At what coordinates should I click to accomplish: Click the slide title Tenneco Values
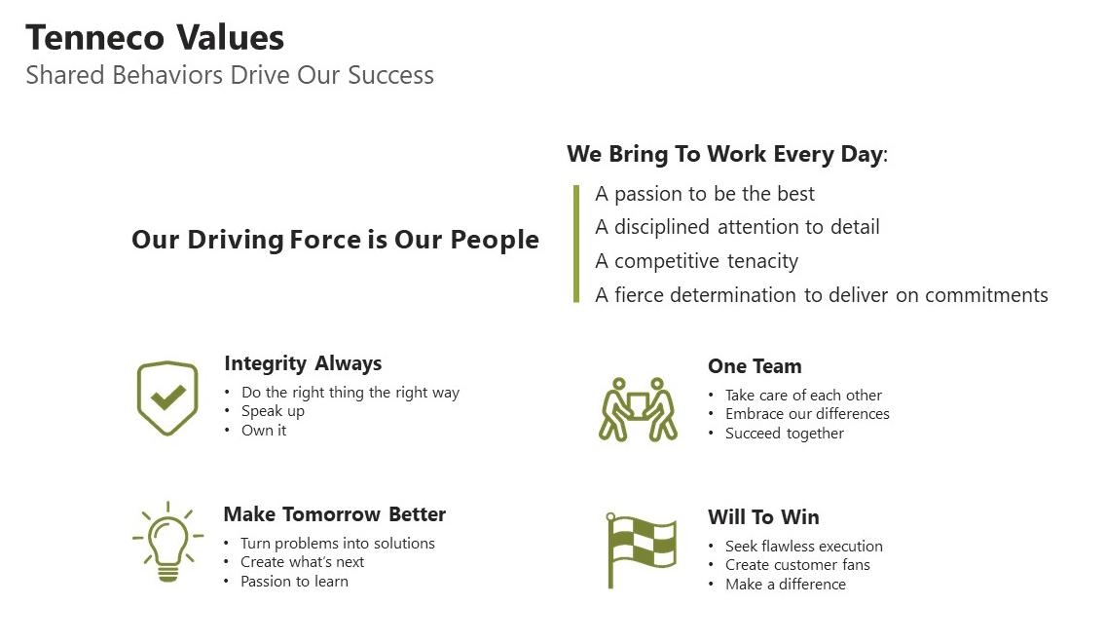pyautogui.click(x=155, y=38)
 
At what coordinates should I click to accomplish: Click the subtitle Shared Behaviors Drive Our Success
pyautogui.click(x=230, y=76)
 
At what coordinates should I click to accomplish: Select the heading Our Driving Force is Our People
pyautogui.click(x=335, y=240)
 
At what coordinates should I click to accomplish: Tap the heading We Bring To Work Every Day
pyautogui.click(x=726, y=154)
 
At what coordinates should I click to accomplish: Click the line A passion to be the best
pyautogui.click(x=705, y=194)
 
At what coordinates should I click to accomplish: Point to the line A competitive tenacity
pyautogui.click(x=696, y=261)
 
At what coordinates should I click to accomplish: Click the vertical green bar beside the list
pyautogui.click(x=576, y=244)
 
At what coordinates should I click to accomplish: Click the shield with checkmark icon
pyautogui.click(x=167, y=397)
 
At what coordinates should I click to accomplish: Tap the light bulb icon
pyautogui.click(x=167, y=542)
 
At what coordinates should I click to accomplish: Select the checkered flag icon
pyautogui.click(x=640, y=549)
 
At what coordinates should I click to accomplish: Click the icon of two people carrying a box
pyautogui.click(x=638, y=409)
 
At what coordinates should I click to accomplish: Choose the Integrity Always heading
pyautogui.click(x=303, y=363)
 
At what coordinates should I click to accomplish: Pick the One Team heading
pyautogui.click(x=755, y=366)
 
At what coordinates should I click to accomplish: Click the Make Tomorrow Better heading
pyautogui.click(x=334, y=514)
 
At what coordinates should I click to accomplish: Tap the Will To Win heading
pyautogui.click(x=763, y=517)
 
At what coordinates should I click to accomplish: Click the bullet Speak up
pyautogui.click(x=273, y=411)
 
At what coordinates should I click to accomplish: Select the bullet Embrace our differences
pyautogui.click(x=807, y=414)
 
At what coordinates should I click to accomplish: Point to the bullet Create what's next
pyautogui.click(x=302, y=562)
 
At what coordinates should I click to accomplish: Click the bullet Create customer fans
pyautogui.click(x=797, y=565)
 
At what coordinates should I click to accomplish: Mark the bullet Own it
pyautogui.click(x=264, y=431)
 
